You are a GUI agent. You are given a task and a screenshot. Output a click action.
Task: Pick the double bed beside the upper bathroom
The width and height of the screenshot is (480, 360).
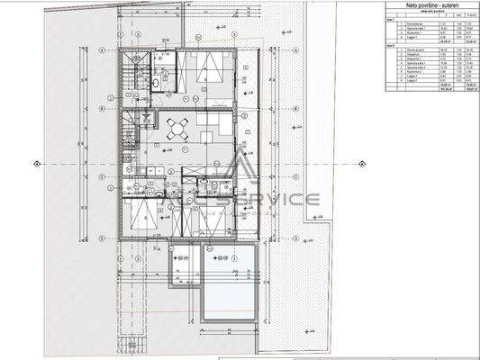tap(211, 70)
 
